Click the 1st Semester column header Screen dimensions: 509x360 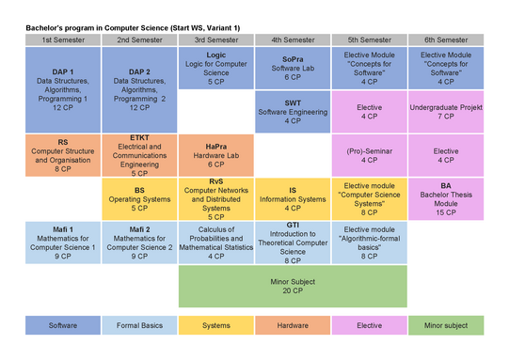point(63,39)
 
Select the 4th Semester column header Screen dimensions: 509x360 point(293,39)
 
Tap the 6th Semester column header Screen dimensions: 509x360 point(446,39)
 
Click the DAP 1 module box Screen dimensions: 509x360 point(63,90)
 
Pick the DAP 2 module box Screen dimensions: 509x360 point(139,90)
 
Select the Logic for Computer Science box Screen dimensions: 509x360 point(216,68)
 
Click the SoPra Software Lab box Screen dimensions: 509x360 point(293,68)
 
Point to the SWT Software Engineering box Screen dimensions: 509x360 point(293,112)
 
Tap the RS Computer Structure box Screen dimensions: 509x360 point(63,155)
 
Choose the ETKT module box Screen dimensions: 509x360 point(139,155)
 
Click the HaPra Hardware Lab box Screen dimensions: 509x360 point(216,155)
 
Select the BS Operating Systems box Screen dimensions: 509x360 point(139,199)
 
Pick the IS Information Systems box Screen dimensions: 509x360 point(293,199)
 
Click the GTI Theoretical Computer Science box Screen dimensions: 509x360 point(293,243)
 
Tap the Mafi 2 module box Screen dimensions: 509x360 point(139,243)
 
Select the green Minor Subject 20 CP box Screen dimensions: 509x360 point(293,287)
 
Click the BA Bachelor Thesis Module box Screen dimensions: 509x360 point(446,199)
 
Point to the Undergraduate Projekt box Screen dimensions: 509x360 point(446,112)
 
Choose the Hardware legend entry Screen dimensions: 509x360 point(293,325)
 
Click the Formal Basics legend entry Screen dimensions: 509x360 point(139,325)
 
